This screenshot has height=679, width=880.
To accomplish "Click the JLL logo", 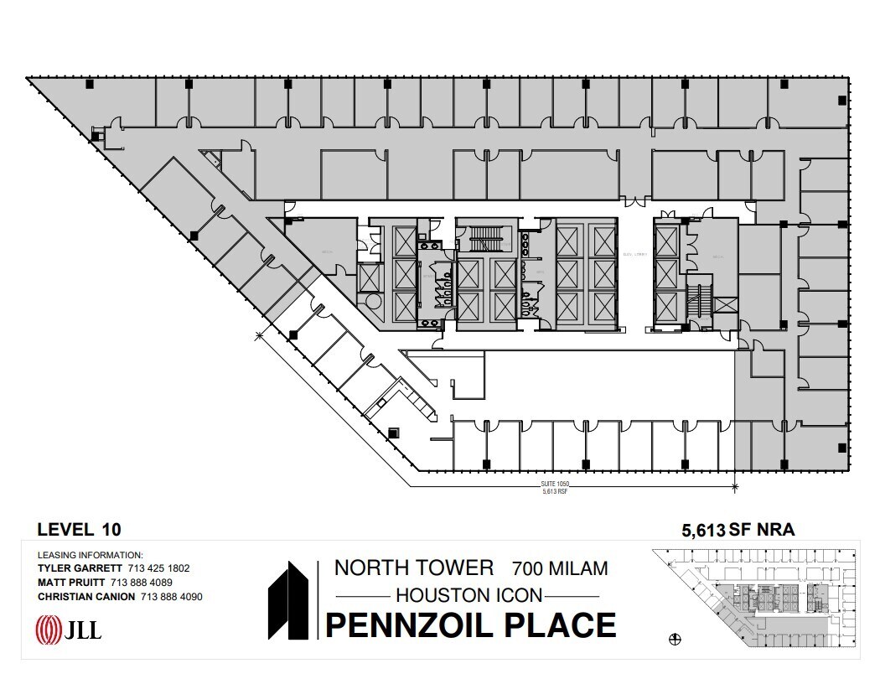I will [68, 629].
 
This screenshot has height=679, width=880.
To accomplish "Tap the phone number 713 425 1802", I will [158, 568].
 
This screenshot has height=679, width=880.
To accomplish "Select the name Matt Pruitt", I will [70, 583].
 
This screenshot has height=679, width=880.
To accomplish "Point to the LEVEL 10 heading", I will [80, 529].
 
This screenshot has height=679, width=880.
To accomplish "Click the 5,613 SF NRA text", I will [738, 529].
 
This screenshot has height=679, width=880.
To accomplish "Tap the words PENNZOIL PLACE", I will [470, 625].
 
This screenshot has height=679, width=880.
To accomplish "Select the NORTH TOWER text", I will [414, 568].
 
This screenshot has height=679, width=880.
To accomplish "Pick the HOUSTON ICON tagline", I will [468, 595].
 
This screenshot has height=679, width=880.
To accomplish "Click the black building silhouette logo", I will [290, 601].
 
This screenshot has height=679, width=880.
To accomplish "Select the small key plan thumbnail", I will [754, 596].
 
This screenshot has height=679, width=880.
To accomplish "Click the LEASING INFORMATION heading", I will [91, 555].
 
